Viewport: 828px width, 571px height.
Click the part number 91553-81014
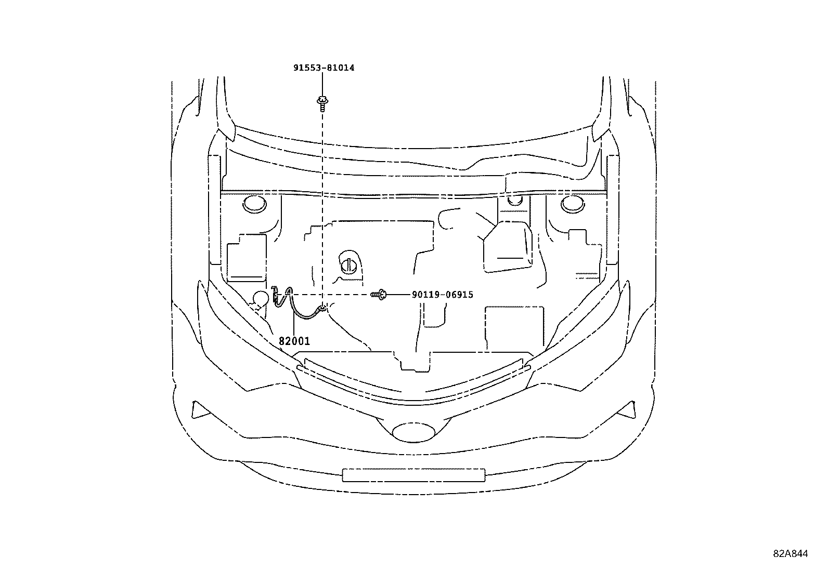pos(323,68)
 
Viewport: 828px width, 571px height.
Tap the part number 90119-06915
pos(442,295)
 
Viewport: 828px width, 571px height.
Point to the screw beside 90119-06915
pos(379,295)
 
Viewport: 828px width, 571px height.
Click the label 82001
pos(294,341)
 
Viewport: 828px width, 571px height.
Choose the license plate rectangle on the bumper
pos(413,475)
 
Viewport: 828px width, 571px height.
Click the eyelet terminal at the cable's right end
pos(323,309)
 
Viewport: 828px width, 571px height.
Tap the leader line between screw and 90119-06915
pos(398,295)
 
